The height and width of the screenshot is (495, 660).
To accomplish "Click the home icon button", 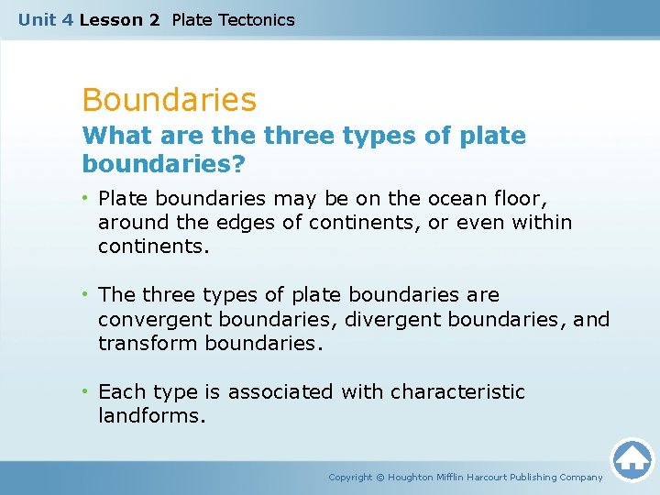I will (x=632, y=458).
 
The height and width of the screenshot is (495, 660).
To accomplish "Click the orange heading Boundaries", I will (x=169, y=99).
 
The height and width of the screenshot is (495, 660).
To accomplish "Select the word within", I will (x=541, y=222).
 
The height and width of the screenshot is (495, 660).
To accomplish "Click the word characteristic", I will (x=457, y=392).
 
